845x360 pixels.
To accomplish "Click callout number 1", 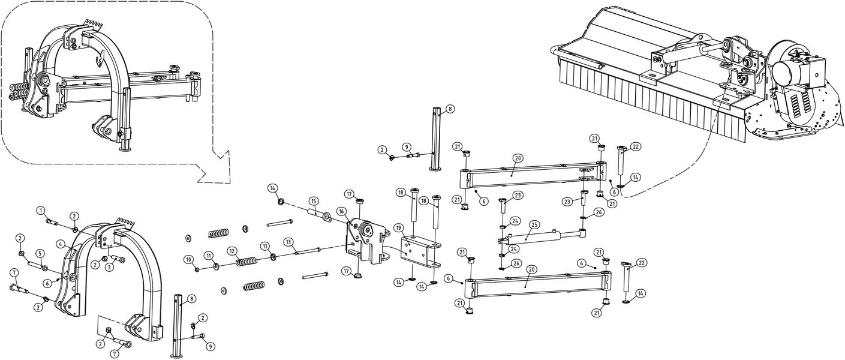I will [40, 211].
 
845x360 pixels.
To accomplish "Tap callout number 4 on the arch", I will [61, 244].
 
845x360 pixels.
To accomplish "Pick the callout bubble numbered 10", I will [188, 259].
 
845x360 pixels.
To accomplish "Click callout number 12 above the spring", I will [231, 250].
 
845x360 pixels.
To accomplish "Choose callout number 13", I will [288, 241].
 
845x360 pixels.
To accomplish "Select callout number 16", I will [341, 211].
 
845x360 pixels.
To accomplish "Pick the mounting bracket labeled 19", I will [420, 252].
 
